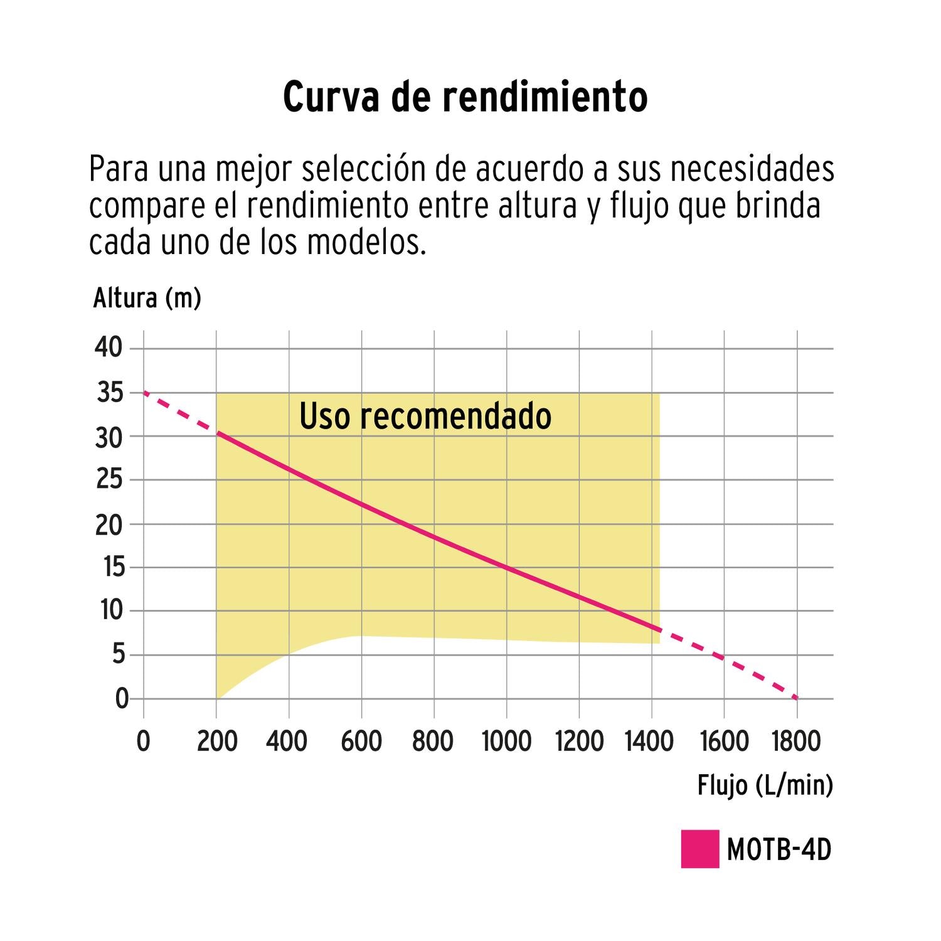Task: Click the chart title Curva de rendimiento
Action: click(465, 97)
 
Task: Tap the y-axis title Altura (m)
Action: click(147, 298)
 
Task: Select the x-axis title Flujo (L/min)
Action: click(765, 785)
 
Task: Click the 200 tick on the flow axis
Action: click(216, 741)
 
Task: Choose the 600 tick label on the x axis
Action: click(361, 741)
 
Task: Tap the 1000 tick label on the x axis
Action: click(506, 741)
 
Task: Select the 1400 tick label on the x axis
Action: click(650, 741)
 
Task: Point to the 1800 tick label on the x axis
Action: click(797, 741)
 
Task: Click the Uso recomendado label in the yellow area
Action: click(425, 416)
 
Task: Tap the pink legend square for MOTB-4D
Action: click(699, 849)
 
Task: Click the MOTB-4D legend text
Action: click(779, 850)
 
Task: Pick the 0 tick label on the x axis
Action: click(144, 741)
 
